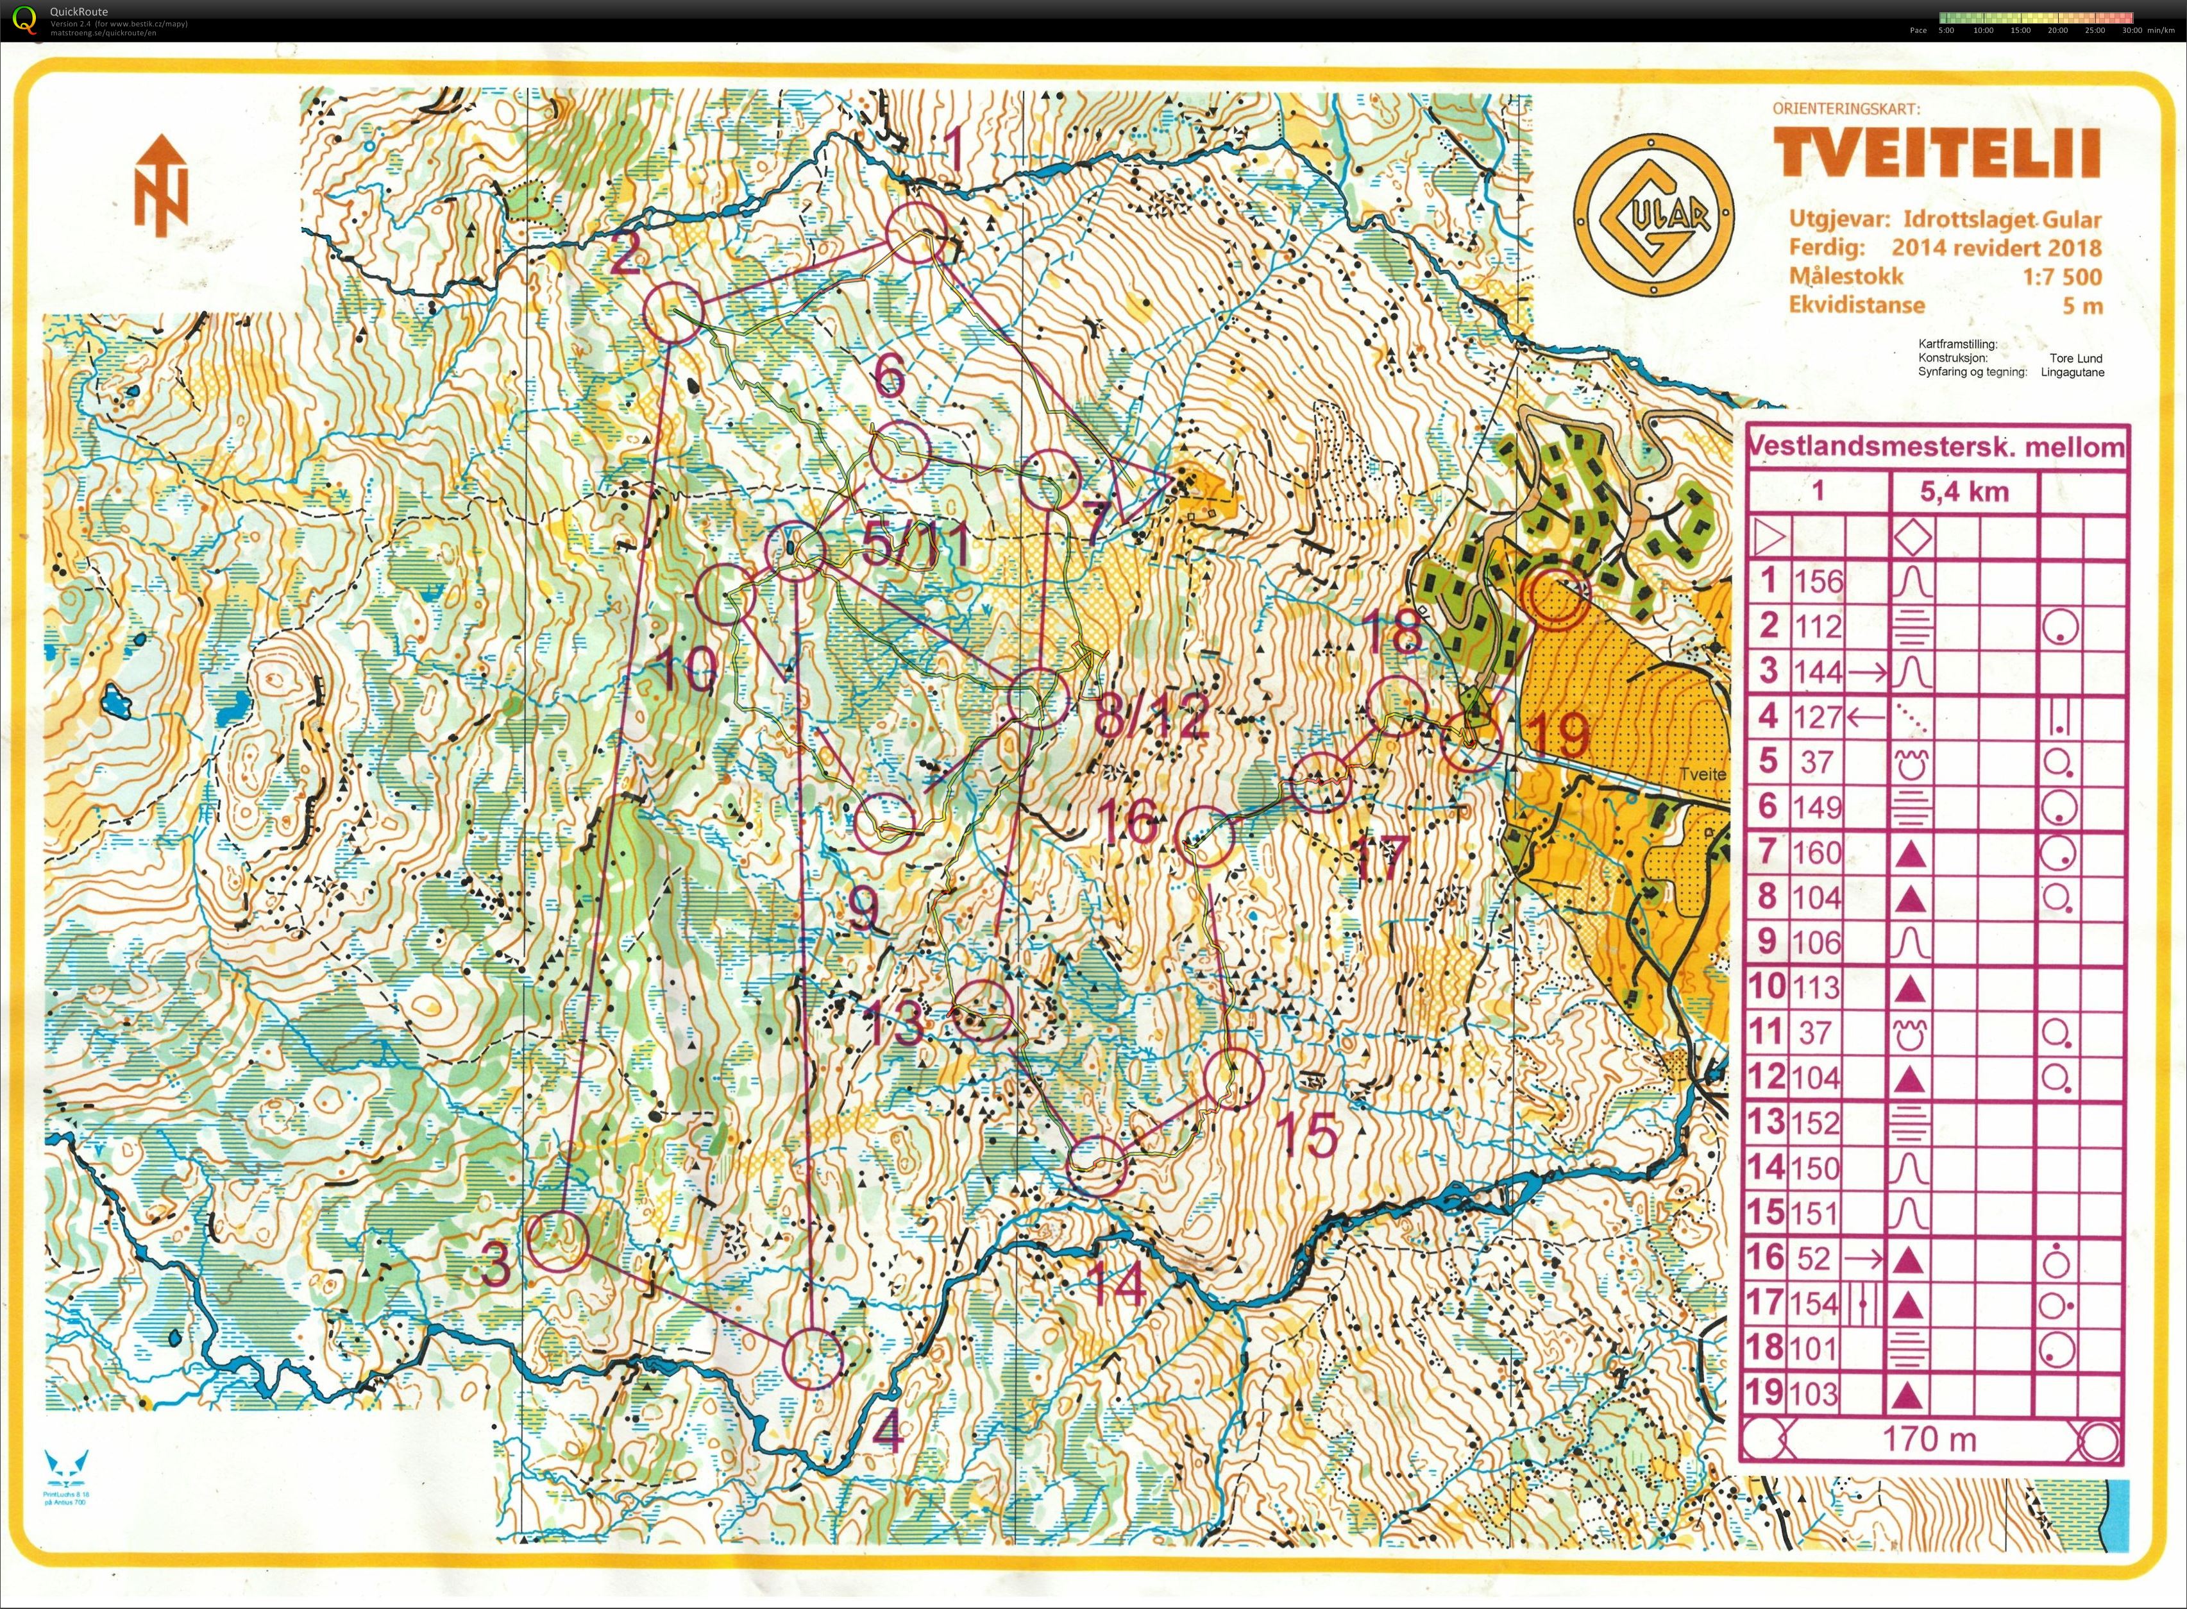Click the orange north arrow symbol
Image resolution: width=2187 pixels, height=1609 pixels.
161,185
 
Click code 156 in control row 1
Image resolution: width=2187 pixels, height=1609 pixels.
1817,581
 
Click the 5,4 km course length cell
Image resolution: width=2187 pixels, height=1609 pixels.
1964,492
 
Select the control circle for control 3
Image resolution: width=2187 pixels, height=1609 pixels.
559,1242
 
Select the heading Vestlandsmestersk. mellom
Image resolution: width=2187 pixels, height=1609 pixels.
1936,447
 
